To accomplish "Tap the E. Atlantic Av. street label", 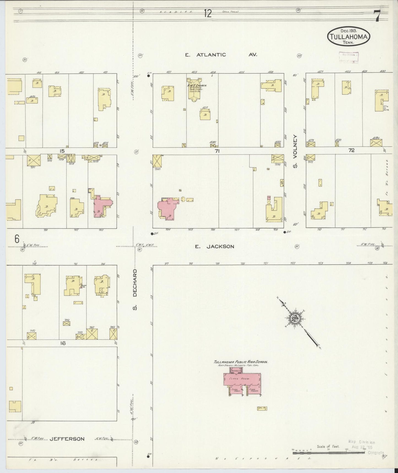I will click(221, 55).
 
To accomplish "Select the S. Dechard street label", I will click(135, 289).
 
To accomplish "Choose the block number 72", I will click(351, 150).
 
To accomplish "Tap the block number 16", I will click(63, 343).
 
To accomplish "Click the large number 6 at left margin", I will click(17, 239).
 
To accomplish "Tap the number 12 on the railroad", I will click(208, 13).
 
